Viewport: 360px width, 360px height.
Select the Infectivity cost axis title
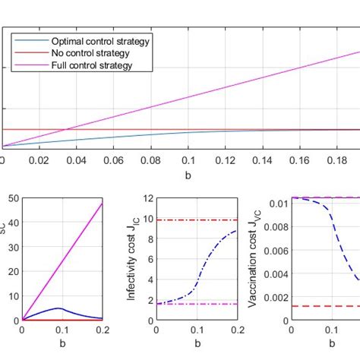pos(130,258)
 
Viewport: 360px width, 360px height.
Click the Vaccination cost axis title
pos(253,258)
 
